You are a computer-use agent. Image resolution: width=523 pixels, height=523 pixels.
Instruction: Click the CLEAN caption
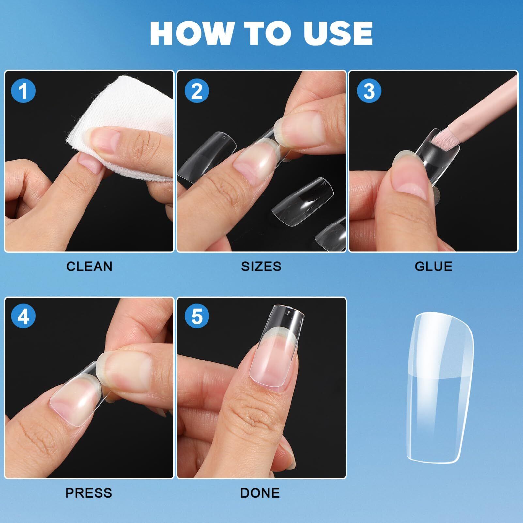[89, 267]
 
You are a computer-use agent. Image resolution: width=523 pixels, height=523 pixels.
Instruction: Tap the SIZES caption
[261, 267]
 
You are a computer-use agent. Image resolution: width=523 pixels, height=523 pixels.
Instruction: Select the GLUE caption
[433, 267]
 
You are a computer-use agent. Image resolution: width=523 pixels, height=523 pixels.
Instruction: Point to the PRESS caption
[89, 493]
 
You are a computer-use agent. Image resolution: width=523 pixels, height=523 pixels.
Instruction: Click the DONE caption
[260, 493]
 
